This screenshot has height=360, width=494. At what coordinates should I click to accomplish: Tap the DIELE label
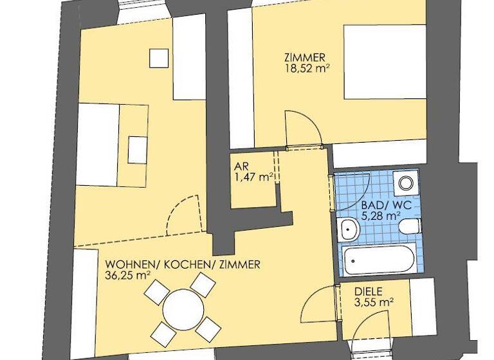point(369,291)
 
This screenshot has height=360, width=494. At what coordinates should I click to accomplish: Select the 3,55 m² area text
point(374,301)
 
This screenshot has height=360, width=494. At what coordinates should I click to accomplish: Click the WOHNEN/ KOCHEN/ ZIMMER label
point(183,264)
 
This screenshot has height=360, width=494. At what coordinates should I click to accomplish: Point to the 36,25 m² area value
point(127,274)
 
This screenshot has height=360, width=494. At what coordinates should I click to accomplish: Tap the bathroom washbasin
point(348,228)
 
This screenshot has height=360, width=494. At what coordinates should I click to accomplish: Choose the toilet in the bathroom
point(409,227)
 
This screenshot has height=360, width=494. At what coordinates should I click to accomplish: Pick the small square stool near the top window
point(159,58)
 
